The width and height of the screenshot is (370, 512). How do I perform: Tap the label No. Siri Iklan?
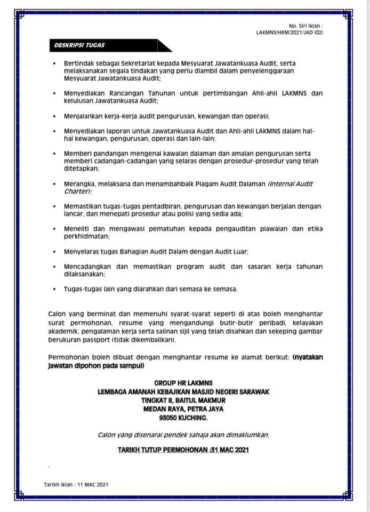coord(305,26)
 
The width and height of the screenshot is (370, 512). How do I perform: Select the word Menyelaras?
coord(83,251)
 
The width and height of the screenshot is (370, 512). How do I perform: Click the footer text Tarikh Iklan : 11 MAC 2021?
coord(76,484)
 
